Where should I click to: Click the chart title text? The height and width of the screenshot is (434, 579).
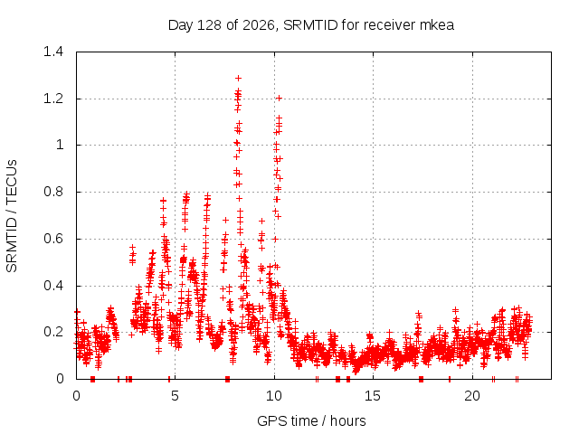(x=311, y=25)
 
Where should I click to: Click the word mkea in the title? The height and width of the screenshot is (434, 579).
(x=437, y=25)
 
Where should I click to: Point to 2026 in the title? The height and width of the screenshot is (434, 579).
(x=258, y=25)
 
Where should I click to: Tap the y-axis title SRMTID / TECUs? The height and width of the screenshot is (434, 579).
(x=12, y=216)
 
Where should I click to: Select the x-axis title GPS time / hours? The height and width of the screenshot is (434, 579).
(x=311, y=420)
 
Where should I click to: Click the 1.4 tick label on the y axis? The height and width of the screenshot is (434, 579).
(x=53, y=52)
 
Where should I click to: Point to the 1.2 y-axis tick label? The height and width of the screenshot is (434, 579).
(x=53, y=99)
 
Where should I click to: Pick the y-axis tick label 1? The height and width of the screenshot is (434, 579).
(x=60, y=145)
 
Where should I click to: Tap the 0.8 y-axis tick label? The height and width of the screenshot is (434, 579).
(x=53, y=192)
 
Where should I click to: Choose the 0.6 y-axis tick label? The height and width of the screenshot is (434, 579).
(x=53, y=239)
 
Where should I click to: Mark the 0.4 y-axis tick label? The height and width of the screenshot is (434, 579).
(x=53, y=286)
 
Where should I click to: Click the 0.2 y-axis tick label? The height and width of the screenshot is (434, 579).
(x=53, y=332)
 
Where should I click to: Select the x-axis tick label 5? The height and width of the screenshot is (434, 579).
(x=175, y=396)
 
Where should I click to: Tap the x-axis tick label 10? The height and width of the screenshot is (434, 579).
(x=274, y=396)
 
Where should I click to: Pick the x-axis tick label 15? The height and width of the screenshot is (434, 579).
(x=373, y=396)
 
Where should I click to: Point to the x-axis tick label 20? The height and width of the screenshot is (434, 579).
(x=472, y=396)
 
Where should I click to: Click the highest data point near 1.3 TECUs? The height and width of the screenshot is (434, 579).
(x=239, y=79)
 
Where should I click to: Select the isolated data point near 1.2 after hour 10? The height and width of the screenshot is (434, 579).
(x=280, y=99)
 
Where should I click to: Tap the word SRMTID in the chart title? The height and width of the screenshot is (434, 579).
(x=310, y=25)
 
